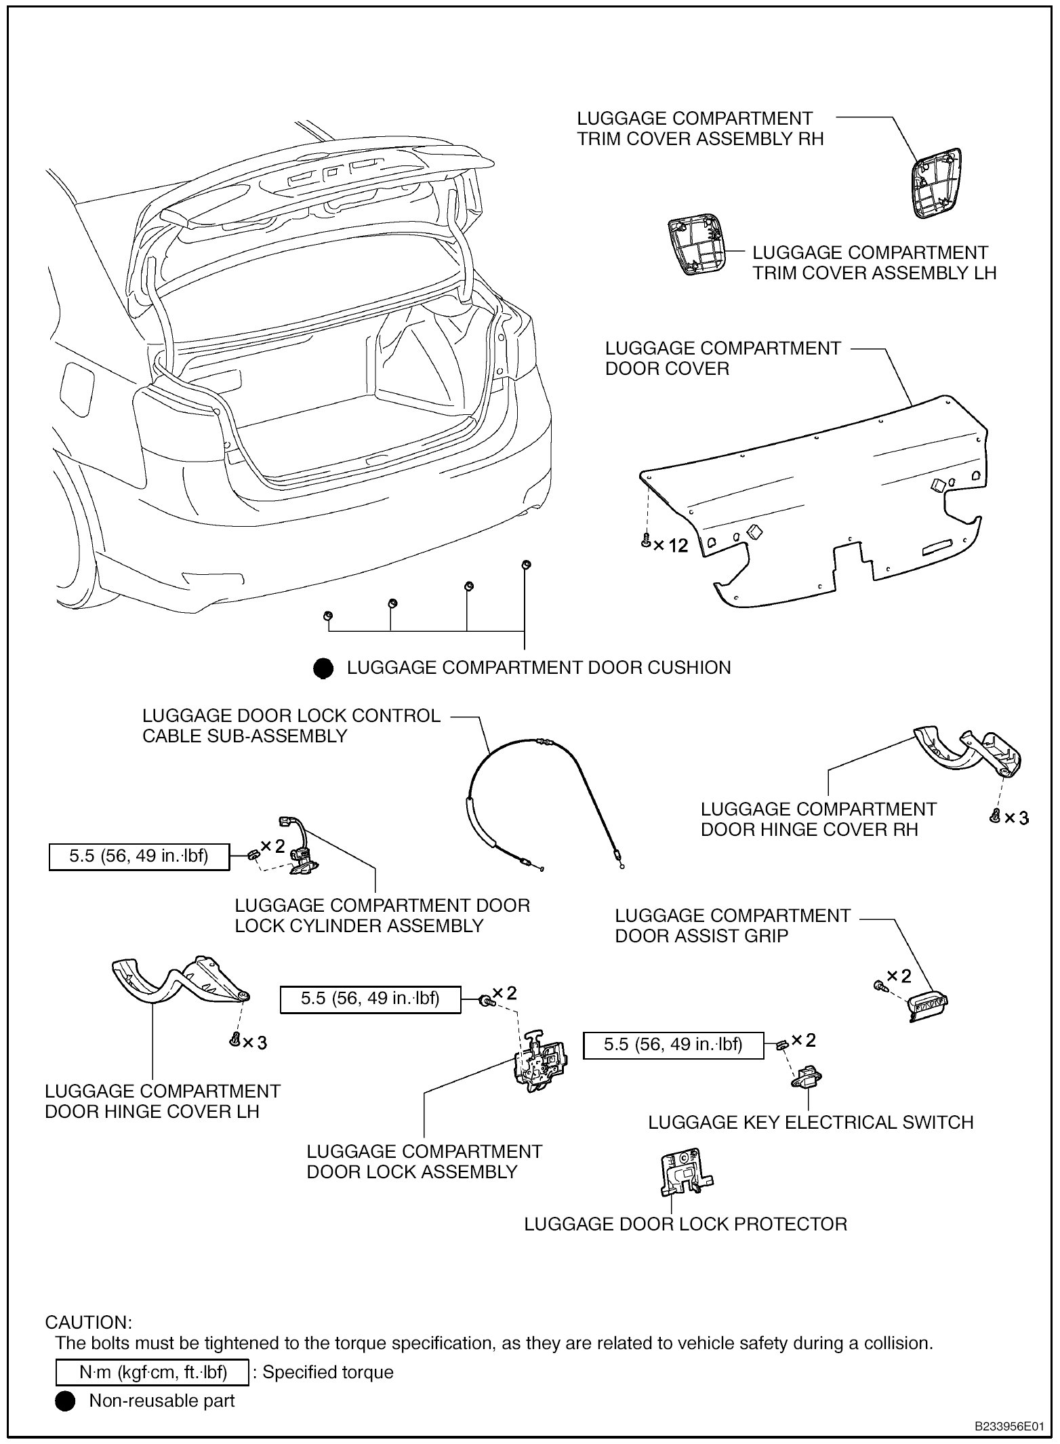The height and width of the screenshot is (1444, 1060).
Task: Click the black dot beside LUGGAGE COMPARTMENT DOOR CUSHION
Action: coord(323,668)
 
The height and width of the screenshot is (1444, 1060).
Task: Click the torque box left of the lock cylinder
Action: coord(139,856)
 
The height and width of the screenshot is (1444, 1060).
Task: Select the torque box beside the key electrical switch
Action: coord(673,1045)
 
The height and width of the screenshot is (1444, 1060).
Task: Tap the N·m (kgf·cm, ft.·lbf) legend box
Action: coord(152,1372)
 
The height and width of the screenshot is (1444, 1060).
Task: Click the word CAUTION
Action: coord(88,1323)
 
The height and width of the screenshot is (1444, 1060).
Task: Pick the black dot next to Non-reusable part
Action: coord(65,1401)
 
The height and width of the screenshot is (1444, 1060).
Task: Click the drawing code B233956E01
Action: coord(1008,1426)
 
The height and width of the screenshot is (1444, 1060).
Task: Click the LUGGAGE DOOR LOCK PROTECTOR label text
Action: coord(686,1224)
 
